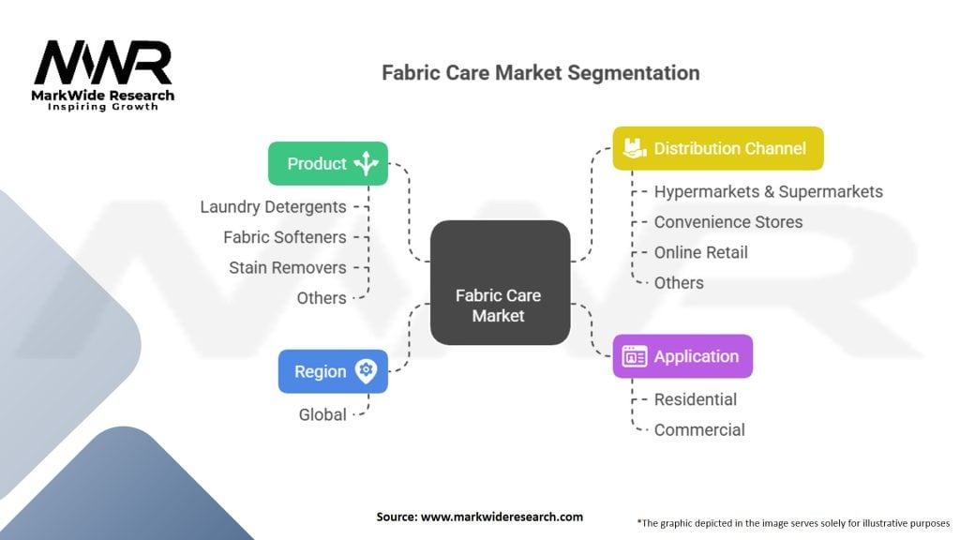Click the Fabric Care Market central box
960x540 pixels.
[500, 282]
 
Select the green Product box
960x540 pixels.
[327, 163]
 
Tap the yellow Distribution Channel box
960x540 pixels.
[718, 148]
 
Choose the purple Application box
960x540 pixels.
[682, 356]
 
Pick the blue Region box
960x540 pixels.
[333, 371]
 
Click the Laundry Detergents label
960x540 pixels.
[273, 207]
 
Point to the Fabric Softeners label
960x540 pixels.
[284, 237]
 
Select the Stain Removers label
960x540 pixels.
[287, 267]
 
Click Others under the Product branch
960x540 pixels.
[322, 298]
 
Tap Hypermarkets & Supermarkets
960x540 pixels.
[768, 191]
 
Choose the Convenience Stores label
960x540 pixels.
[727, 222]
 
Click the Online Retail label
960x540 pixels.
[700, 252]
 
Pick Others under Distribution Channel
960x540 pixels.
[679, 282]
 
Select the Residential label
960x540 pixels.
[695, 399]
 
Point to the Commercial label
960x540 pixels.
[699, 429]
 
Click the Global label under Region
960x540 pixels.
[322, 414]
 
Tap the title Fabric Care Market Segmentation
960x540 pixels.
[540, 72]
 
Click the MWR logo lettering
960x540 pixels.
[103, 63]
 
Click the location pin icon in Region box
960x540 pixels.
[366, 371]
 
